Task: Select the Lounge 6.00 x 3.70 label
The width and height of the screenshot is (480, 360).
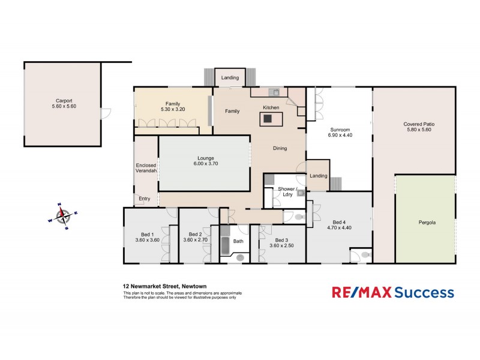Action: [x=204, y=161]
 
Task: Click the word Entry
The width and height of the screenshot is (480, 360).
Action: [x=145, y=199]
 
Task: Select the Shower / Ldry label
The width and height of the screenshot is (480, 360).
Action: [x=287, y=192]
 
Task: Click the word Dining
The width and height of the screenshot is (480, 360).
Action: [x=280, y=148]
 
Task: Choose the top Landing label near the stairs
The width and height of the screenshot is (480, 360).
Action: [x=230, y=78]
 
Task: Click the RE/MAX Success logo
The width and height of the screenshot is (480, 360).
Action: [x=393, y=292]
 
